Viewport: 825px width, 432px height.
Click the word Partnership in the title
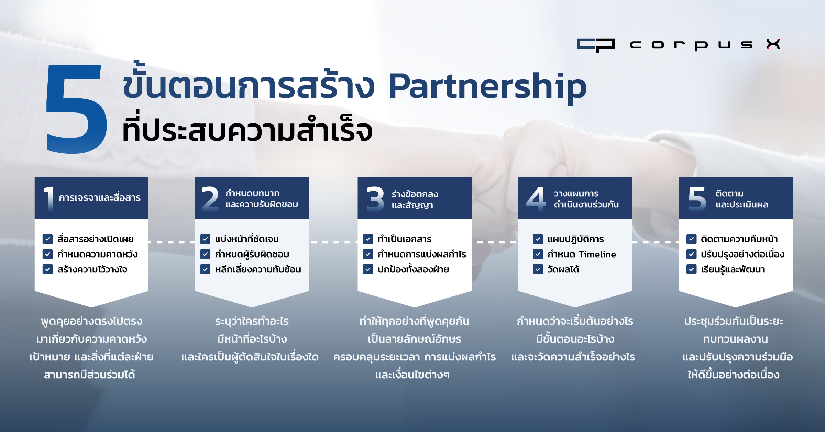pos(487,88)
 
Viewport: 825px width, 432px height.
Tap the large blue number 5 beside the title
pos(76,108)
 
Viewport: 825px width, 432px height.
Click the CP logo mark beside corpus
pos(595,45)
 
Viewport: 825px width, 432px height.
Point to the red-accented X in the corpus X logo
pos(773,44)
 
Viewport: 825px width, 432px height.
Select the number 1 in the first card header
pos(49,198)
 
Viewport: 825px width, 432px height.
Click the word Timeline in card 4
pos(597,255)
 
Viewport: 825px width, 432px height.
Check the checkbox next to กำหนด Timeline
pos(538,254)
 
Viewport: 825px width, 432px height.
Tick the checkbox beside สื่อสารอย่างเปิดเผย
pos(47,239)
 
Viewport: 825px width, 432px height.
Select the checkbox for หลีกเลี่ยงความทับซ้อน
pos(205,269)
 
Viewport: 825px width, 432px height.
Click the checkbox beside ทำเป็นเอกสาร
pos(368,239)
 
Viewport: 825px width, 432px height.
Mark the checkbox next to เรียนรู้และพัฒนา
pos(691,269)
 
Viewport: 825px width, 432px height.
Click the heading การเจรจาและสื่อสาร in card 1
pos(100,198)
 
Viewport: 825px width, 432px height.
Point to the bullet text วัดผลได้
pos(563,269)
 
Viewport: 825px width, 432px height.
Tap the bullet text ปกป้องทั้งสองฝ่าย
pos(413,269)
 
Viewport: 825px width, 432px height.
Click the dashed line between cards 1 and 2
pos(172,242)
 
